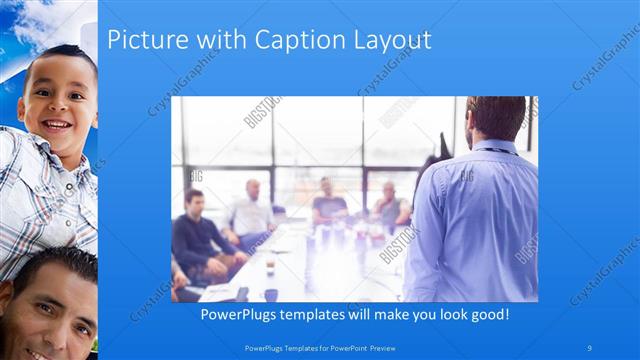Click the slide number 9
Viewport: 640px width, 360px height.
(x=590, y=347)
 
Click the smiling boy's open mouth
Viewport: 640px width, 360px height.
(x=57, y=127)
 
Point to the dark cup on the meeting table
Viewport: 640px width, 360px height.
(x=272, y=294)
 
